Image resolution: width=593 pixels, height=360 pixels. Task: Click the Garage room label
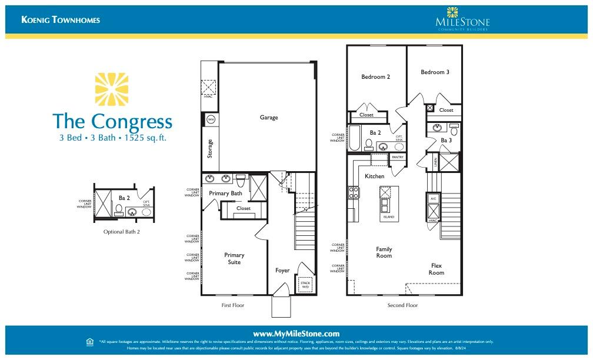coord(269,118)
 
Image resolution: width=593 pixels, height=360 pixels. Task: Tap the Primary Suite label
coord(234,258)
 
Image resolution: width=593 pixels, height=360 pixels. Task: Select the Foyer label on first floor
coord(282,271)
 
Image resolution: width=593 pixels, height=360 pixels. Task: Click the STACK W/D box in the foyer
coord(305,285)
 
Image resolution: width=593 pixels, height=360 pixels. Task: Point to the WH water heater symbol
coord(210,120)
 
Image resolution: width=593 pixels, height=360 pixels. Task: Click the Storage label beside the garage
coord(210,148)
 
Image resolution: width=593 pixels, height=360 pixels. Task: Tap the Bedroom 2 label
coord(375,77)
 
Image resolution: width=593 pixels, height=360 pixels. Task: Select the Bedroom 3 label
coord(435,72)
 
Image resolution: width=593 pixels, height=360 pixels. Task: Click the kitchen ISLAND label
coord(388,217)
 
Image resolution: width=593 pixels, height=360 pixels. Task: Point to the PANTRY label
coord(397,158)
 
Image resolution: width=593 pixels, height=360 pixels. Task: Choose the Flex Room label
coord(436,269)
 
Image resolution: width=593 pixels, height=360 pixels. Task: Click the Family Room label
coord(384,252)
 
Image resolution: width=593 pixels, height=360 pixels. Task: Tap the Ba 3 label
coord(446,141)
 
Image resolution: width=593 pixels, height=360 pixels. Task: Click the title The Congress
coord(112,121)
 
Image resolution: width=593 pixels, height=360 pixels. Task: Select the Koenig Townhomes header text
coord(61,20)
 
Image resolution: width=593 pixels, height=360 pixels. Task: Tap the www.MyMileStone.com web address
coord(296,334)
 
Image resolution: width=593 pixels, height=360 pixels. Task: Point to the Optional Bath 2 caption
coord(122,232)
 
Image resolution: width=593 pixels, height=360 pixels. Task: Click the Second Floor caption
coord(402,305)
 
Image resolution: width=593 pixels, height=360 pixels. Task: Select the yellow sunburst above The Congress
coord(112,90)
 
